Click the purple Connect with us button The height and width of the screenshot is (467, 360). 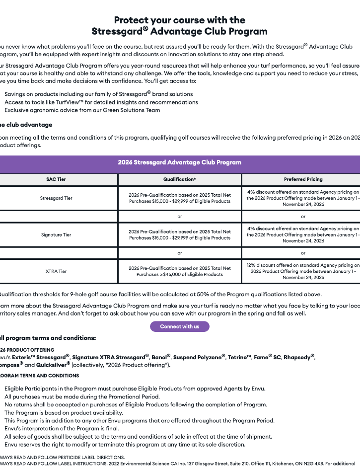(x=179, y=326)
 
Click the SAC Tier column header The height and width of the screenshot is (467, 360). (x=56, y=179)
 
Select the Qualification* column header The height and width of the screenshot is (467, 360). (x=179, y=179)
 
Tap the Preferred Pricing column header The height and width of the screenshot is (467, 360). (x=303, y=179)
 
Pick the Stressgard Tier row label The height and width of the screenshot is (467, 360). (x=56, y=198)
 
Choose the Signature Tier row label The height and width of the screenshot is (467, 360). (x=56, y=234)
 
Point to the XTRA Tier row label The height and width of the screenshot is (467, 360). (x=56, y=271)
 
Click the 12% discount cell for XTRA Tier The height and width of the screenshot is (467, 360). (x=303, y=271)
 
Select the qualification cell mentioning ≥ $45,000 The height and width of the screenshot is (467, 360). (x=179, y=271)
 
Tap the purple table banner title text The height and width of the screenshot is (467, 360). (x=179, y=162)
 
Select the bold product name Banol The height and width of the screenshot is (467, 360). (x=161, y=357)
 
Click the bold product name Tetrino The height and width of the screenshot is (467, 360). (x=239, y=357)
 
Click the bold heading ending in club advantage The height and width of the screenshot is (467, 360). (x=27, y=125)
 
